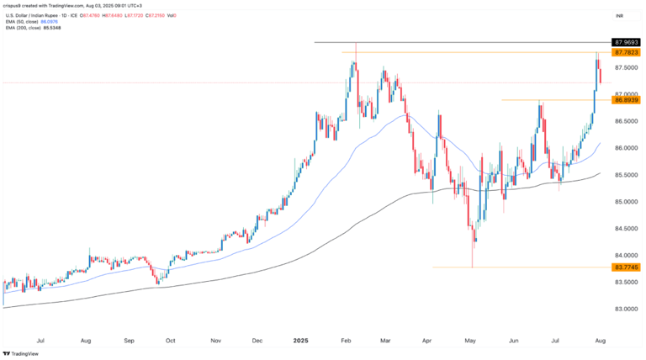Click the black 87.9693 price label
627,41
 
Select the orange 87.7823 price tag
627,52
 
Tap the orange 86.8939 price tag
627,100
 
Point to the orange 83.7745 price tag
627,267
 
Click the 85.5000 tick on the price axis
627,175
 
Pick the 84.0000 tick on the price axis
627,256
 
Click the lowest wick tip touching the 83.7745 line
473,267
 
